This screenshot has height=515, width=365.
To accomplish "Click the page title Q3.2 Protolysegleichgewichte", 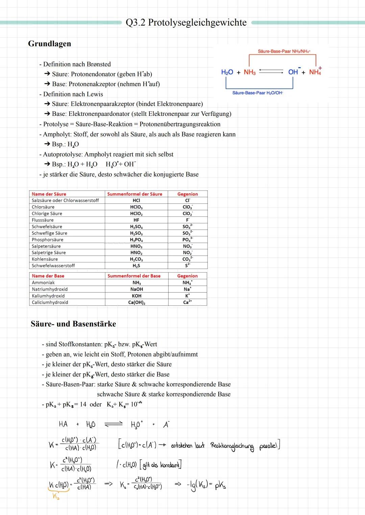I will tap(186, 23).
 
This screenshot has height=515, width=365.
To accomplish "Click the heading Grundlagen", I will tap(49, 44).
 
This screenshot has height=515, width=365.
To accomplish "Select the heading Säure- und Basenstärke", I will tap(73, 324).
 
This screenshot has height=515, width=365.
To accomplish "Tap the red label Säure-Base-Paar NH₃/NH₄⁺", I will tap(284, 51).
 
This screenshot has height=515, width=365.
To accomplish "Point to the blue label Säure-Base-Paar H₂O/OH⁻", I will tap(258, 93).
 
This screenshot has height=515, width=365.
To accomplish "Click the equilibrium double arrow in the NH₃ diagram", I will tap(271, 72).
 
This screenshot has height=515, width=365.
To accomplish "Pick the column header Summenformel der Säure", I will tap(135, 194).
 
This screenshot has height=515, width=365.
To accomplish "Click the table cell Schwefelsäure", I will tap(47, 227).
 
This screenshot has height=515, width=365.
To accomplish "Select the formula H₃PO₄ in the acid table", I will tap(136, 240).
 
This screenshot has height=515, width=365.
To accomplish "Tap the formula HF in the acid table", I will tap(136, 220).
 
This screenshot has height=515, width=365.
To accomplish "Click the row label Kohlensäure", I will tap(45, 259).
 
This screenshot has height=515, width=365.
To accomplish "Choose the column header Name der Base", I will tap(48, 276).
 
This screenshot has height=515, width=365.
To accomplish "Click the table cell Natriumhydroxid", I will tap(50, 289).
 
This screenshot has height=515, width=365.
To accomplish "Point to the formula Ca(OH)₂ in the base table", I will tap(137, 303).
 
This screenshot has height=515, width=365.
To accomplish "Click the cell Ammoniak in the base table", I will tap(43, 283).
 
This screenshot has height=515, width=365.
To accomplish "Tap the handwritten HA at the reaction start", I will tap(63, 424).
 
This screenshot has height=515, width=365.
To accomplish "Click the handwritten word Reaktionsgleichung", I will tap(232, 446).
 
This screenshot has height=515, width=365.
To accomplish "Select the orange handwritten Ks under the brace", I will tap(56, 496).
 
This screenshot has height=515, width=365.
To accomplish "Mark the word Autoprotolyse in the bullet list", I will tap(62, 154).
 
